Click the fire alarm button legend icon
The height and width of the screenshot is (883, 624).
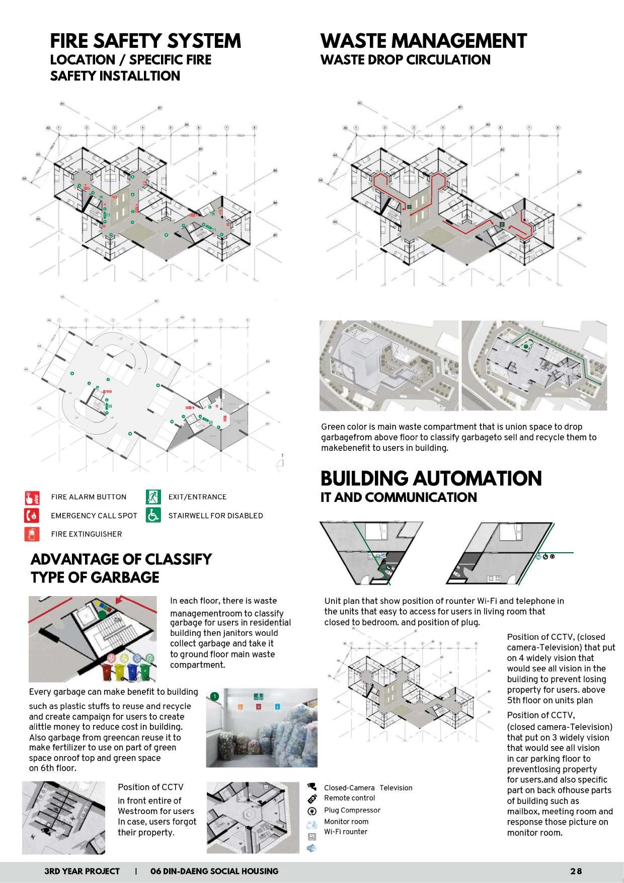(x=32, y=498)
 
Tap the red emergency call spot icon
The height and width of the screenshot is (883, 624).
(x=32, y=516)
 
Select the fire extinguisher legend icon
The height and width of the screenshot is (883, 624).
(x=32, y=534)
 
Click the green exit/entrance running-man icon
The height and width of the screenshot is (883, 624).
(x=153, y=497)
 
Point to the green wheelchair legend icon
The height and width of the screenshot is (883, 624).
(x=153, y=516)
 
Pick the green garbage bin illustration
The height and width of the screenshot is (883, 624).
(x=146, y=671)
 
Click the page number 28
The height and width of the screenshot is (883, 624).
(x=576, y=871)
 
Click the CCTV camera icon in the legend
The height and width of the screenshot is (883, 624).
(x=312, y=786)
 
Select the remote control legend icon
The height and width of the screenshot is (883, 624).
(x=312, y=799)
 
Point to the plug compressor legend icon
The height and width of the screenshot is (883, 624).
(x=312, y=812)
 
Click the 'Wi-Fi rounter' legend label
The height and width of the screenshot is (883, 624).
(x=345, y=832)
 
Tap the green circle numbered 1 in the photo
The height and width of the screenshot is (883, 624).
(x=215, y=697)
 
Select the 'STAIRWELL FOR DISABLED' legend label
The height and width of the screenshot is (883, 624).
(x=215, y=516)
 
